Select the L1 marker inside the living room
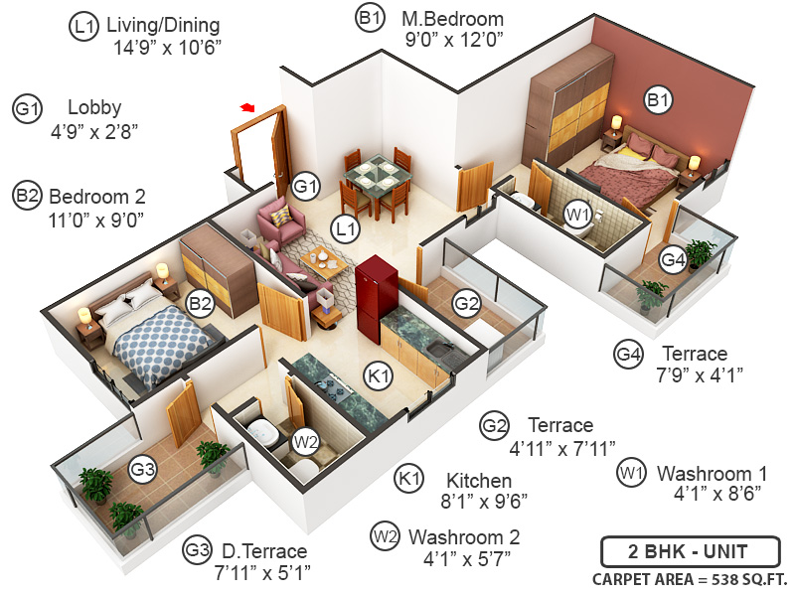click(345, 230)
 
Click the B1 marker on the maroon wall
click(658, 99)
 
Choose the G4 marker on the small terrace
click(674, 260)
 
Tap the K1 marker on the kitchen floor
click(379, 375)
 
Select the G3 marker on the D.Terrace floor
click(142, 468)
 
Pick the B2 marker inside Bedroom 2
click(201, 303)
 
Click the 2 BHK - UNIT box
click(688, 550)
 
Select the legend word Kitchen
click(479, 480)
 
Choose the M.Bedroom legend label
click(452, 18)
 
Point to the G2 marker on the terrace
click(466, 303)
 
